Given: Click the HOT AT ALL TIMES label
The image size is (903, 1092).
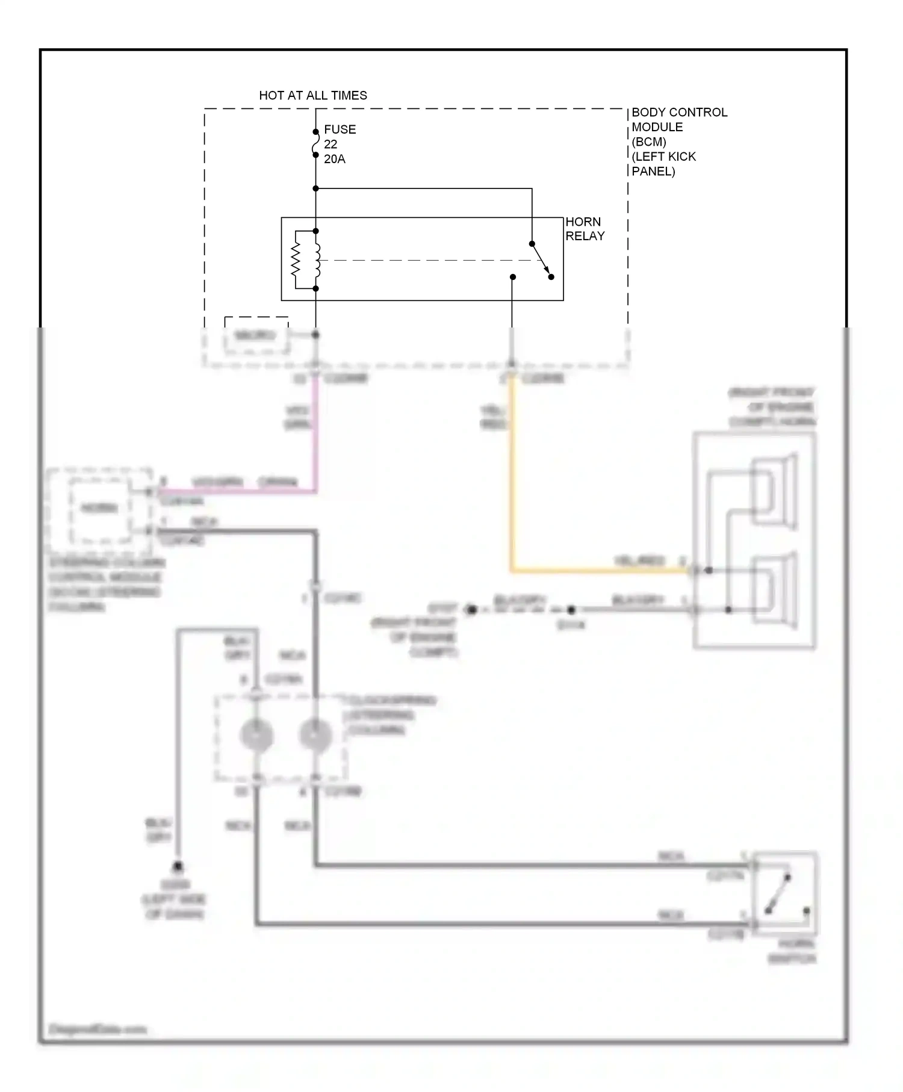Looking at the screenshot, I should tap(312, 95).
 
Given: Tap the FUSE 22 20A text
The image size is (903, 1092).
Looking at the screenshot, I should tap(339, 144).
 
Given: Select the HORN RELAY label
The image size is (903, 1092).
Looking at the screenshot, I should tap(584, 229).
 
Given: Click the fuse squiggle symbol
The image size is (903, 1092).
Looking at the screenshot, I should tap(315, 144).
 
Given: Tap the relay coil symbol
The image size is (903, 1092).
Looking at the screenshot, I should tap(316, 259).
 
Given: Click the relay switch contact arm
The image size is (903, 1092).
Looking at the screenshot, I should tap(541, 260).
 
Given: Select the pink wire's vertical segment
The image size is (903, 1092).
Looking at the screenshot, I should tap(315, 433).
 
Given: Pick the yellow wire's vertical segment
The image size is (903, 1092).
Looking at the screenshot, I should tap(511, 470).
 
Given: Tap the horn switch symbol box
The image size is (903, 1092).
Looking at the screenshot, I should tap(784, 893).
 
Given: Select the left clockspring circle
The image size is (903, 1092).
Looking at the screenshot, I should tap(256, 735).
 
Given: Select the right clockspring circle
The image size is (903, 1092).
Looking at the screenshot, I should tap(315, 735).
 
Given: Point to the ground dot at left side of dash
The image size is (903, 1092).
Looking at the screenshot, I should tap(178, 867).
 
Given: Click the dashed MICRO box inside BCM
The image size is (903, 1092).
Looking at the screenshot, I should tap(256, 335).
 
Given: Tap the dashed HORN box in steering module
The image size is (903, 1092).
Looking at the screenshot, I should tap(100, 509).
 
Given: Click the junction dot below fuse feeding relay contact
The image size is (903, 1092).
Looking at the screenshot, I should tap(315, 188).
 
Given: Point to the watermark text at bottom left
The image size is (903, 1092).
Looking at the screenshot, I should tap(98, 1029).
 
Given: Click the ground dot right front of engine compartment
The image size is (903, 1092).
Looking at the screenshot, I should tap(472, 610).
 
